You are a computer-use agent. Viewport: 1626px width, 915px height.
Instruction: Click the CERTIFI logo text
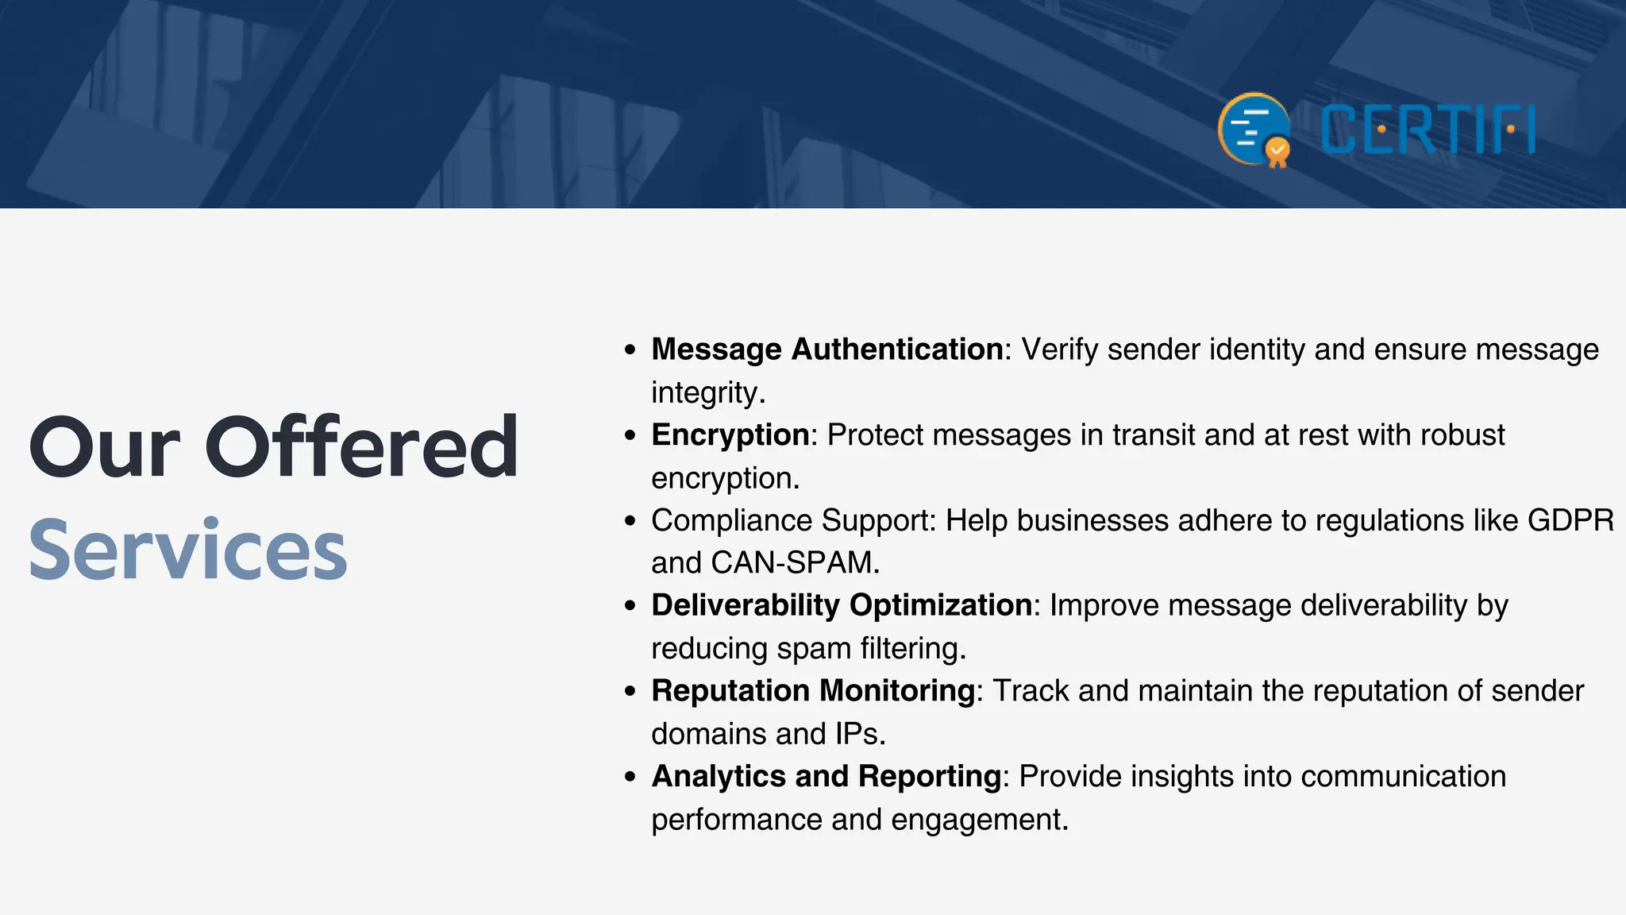[1428, 129]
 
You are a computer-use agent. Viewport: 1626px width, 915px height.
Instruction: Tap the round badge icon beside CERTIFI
[1254, 129]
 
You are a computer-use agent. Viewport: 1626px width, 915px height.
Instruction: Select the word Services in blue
[188, 550]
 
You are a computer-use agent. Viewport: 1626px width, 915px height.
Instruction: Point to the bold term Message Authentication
[826, 349]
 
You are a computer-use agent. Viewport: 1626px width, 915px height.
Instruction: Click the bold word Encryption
[730, 435]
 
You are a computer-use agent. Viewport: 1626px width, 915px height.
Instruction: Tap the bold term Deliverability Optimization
[841, 605]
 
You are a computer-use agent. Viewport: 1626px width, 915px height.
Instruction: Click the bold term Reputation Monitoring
[812, 691]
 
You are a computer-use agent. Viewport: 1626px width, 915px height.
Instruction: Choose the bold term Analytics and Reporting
[826, 776]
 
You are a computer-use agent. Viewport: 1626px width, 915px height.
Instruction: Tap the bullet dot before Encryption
[630, 435]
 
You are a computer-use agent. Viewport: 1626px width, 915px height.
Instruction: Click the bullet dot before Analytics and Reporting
[630, 777]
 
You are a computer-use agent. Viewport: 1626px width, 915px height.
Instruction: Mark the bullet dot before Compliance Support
[630, 521]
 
